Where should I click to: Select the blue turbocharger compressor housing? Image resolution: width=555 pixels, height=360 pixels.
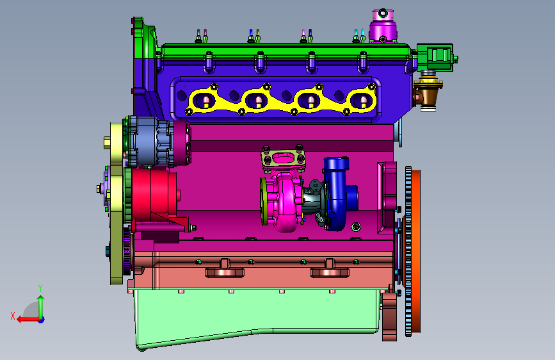pyautogui.click(x=338, y=193)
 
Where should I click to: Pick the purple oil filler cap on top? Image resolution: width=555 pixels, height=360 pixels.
pyautogui.click(x=383, y=26)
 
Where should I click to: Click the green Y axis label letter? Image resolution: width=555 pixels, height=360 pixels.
pyautogui.click(x=40, y=288)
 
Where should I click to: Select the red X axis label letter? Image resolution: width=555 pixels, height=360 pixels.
pyautogui.click(x=13, y=316)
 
